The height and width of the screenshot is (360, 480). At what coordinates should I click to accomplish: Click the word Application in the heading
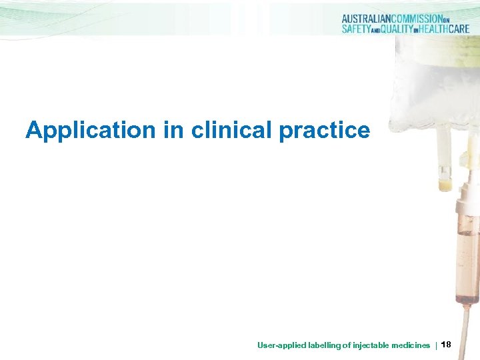90,131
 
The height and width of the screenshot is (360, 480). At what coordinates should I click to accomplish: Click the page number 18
446,344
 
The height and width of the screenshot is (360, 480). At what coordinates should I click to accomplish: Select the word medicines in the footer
411,345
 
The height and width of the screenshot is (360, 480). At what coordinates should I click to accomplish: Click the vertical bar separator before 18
436,345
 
